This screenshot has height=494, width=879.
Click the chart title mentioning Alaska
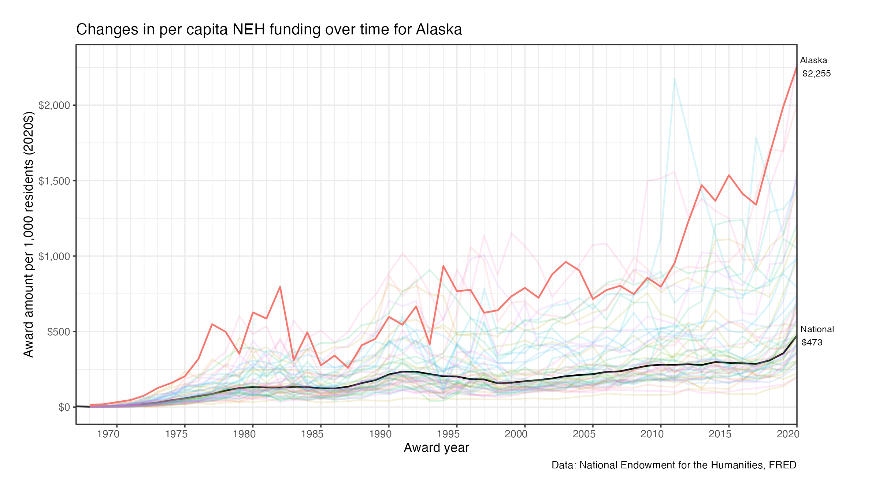pyautogui.click(x=269, y=30)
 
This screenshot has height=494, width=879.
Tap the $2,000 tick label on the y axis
pyautogui.click(x=54, y=105)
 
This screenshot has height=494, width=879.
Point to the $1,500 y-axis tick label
pyautogui.click(x=54, y=181)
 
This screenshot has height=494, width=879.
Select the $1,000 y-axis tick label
pyautogui.click(x=54, y=257)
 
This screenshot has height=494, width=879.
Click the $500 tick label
pyautogui.click(x=59, y=332)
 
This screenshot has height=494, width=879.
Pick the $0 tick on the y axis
pyautogui.click(x=64, y=407)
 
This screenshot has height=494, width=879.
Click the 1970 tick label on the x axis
pyautogui.click(x=108, y=434)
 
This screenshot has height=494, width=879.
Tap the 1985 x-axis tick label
pyautogui.click(x=312, y=434)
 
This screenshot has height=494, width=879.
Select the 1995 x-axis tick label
pyautogui.click(x=448, y=434)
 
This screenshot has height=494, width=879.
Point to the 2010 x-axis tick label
pyautogui.click(x=652, y=434)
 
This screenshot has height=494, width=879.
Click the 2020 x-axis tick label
pyautogui.click(x=788, y=434)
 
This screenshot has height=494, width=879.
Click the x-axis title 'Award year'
pyautogui.click(x=436, y=448)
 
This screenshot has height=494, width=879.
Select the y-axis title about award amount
pyautogui.click(x=29, y=234)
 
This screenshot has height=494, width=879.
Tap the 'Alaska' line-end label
pyautogui.click(x=813, y=60)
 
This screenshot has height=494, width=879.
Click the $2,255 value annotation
pyautogui.click(x=816, y=74)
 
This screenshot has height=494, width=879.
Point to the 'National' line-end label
pyautogui.click(x=817, y=329)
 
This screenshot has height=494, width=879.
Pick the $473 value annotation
pyautogui.click(x=812, y=343)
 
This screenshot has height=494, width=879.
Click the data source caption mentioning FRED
pyautogui.click(x=674, y=465)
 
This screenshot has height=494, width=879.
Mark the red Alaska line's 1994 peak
pyautogui.click(x=443, y=266)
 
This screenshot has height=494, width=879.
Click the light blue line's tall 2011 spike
pyautogui.click(x=674, y=78)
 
